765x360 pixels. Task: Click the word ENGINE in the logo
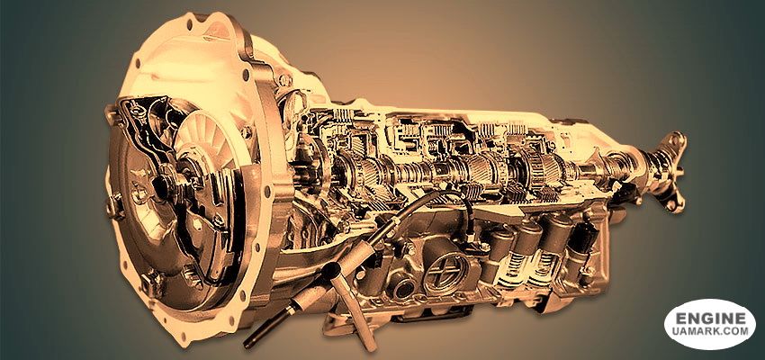tap(710, 319)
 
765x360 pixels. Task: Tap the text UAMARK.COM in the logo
tap(710, 331)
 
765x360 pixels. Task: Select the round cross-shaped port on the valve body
tap(443, 274)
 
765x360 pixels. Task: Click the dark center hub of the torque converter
tap(161, 185)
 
